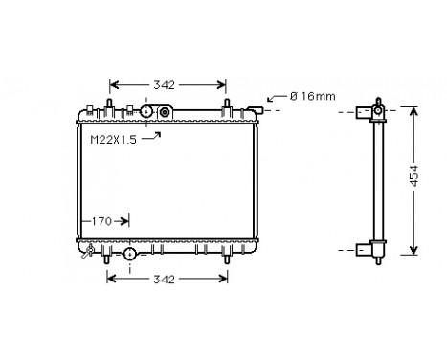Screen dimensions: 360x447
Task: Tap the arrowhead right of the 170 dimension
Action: pyautogui.click(x=125, y=221)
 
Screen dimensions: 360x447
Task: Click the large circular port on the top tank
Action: pyautogui.click(x=147, y=112)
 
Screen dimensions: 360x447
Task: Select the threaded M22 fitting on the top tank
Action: pyautogui.click(x=165, y=113)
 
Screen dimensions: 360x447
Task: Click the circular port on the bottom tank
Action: pyautogui.click(x=130, y=254)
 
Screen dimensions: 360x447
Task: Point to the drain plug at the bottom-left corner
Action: pyautogui.click(x=90, y=254)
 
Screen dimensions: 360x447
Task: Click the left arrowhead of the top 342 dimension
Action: pyautogui.click(x=113, y=85)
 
